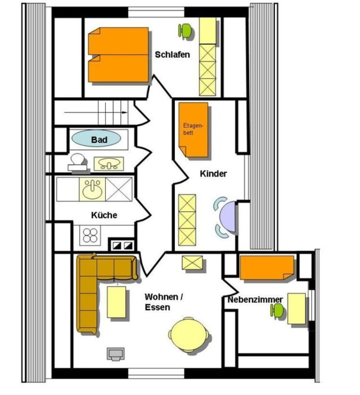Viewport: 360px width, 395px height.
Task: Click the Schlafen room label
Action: (172, 55)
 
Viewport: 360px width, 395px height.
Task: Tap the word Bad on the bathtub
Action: (99, 139)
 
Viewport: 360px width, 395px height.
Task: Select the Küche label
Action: (104, 215)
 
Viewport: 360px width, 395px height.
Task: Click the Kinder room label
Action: (213, 173)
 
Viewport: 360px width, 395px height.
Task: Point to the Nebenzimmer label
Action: (255, 299)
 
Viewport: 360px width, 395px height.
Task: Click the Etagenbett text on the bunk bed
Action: (193, 129)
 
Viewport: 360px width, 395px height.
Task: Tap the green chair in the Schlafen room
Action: (185, 30)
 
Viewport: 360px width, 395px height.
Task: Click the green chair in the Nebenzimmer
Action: (277, 310)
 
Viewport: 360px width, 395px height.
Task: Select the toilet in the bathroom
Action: (77, 162)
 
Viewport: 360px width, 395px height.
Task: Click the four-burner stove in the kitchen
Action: (90, 235)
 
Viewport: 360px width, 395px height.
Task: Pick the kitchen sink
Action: (92, 190)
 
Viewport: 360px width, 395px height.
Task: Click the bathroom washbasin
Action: (109, 164)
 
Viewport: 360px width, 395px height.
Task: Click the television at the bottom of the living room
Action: (116, 354)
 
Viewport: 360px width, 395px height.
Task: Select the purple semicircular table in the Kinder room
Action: (228, 217)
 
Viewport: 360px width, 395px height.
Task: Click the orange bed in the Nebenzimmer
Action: (267, 268)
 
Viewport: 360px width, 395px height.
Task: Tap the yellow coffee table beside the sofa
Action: (117, 302)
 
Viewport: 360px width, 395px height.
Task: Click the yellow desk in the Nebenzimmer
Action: (297, 308)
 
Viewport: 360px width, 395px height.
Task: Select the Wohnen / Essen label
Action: (164, 302)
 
